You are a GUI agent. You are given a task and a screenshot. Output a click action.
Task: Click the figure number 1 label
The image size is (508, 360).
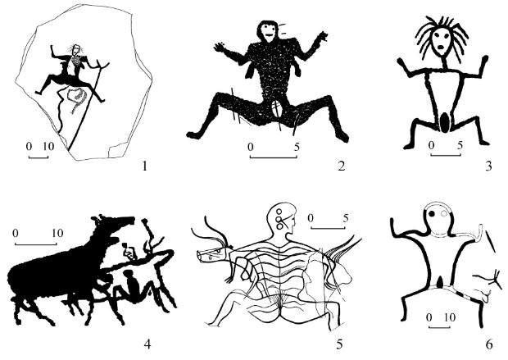[x=144, y=166]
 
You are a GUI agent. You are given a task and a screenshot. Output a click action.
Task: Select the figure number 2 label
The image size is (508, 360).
[x=341, y=166]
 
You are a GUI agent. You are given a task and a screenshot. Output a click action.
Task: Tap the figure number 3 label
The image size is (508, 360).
[x=488, y=166]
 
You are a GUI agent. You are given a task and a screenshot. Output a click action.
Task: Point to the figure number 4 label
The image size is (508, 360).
[x=147, y=344]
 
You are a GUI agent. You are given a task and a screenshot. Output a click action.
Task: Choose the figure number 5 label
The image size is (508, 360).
[x=339, y=344]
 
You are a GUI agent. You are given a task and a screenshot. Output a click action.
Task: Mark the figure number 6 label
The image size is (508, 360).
[x=489, y=344]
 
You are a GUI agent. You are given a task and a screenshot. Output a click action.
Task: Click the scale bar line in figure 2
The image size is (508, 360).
[x=274, y=157]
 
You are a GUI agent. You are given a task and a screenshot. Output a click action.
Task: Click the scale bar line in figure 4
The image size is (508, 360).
[x=35, y=244]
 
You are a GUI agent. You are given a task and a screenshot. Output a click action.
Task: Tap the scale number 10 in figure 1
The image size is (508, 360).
[x=48, y=146]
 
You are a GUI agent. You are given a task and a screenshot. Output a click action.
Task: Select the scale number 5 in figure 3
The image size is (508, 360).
[x=460, y=145]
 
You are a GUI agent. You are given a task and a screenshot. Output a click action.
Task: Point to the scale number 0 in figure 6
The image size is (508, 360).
[x=429, y=317]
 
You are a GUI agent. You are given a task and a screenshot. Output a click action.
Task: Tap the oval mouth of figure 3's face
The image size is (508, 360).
[x=441, y=47]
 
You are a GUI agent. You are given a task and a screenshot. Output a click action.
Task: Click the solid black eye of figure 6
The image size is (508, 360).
[x=432, y=213]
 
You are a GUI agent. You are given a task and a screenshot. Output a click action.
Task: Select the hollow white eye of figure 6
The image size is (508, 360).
[x=444, y=213]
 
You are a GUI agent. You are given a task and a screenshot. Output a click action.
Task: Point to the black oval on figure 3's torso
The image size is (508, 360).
[x=445, y=122]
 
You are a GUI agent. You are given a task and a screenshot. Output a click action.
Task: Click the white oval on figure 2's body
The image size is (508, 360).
[x=276, y=109]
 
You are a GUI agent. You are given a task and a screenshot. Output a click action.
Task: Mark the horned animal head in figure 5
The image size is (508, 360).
[x=215, y=253]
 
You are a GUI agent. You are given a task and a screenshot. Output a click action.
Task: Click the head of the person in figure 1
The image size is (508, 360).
[x=76, y=49]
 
